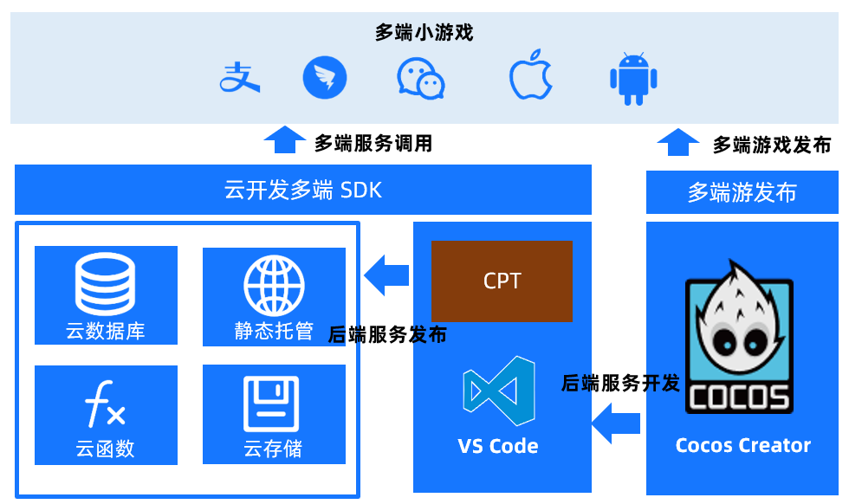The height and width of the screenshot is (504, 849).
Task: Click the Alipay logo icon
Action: pyautogui.click(x=240, y=78)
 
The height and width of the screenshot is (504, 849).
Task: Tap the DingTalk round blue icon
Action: pyautogui.click(x=325, y=78)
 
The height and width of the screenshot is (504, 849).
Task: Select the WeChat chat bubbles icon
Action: pyautogui.click(x=420, y=78)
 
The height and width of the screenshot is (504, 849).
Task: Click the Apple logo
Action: pyautogui.click(x=530, y=77)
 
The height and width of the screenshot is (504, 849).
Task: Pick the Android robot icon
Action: pyautogui.click(x=633, y=79)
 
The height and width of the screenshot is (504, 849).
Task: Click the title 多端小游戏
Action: pyautogui.click(x=424, y=33)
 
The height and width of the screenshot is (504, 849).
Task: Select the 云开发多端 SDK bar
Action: pyautogui.click(x=303, y=190)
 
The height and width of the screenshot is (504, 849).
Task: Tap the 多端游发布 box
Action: pyautogui.click(x=742, y=192)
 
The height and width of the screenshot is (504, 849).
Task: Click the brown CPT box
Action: pyautogui.click(x=502, y=281)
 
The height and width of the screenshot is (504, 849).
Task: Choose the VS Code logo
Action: pyautogui.click(x=498, y=391)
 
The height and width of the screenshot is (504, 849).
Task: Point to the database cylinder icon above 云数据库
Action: pyautogui.click(x=105, y=286)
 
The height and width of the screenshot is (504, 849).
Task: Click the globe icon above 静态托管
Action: pyautogui.click(x=274, y=286)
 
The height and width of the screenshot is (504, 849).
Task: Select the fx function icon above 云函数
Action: pyautogui.click(x=105, y=404)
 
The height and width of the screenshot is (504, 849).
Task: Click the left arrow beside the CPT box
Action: pyautogui.click(x=386, y=275)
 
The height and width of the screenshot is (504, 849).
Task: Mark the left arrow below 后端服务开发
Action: pyautogui.click(x=616, y=423)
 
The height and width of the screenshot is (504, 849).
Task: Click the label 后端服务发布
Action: pyautogui.click(x=387, y=335)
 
